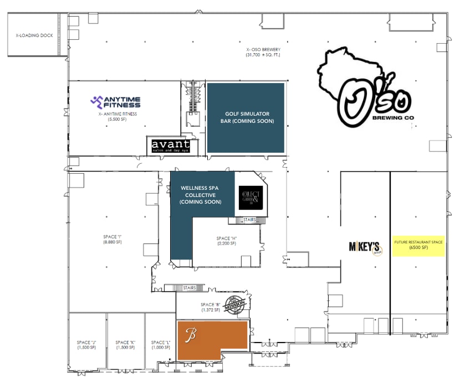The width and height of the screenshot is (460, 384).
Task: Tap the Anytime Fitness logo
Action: pyautogui.click(x=116, y=102)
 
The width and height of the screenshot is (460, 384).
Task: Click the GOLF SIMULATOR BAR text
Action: pyautogui.click(x=246, y=117)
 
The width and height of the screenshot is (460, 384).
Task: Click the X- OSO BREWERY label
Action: pyautogui.click(x=260, y=52)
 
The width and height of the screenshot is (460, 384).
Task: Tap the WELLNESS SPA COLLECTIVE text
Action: pyautogui.click(x=200, y=195)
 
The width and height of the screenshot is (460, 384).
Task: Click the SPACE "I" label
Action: pyautogui.click(x=112, y=240)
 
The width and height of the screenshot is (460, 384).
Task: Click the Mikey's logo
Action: pyautogui.click(x=364, y=246)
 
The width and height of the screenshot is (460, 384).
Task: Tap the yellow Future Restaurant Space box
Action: pyautogui.click(x=418, y=245)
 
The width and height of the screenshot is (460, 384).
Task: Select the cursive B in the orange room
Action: pyautogui.click(x=192, y=336)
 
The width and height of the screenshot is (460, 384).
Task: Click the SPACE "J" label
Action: pyautogui.click(x=86, y=344)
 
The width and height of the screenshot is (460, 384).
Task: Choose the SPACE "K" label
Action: pyautogui.click(x=125, y=344)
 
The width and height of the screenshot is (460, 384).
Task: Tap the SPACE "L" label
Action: pyautogui.click(x=160, y=344)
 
